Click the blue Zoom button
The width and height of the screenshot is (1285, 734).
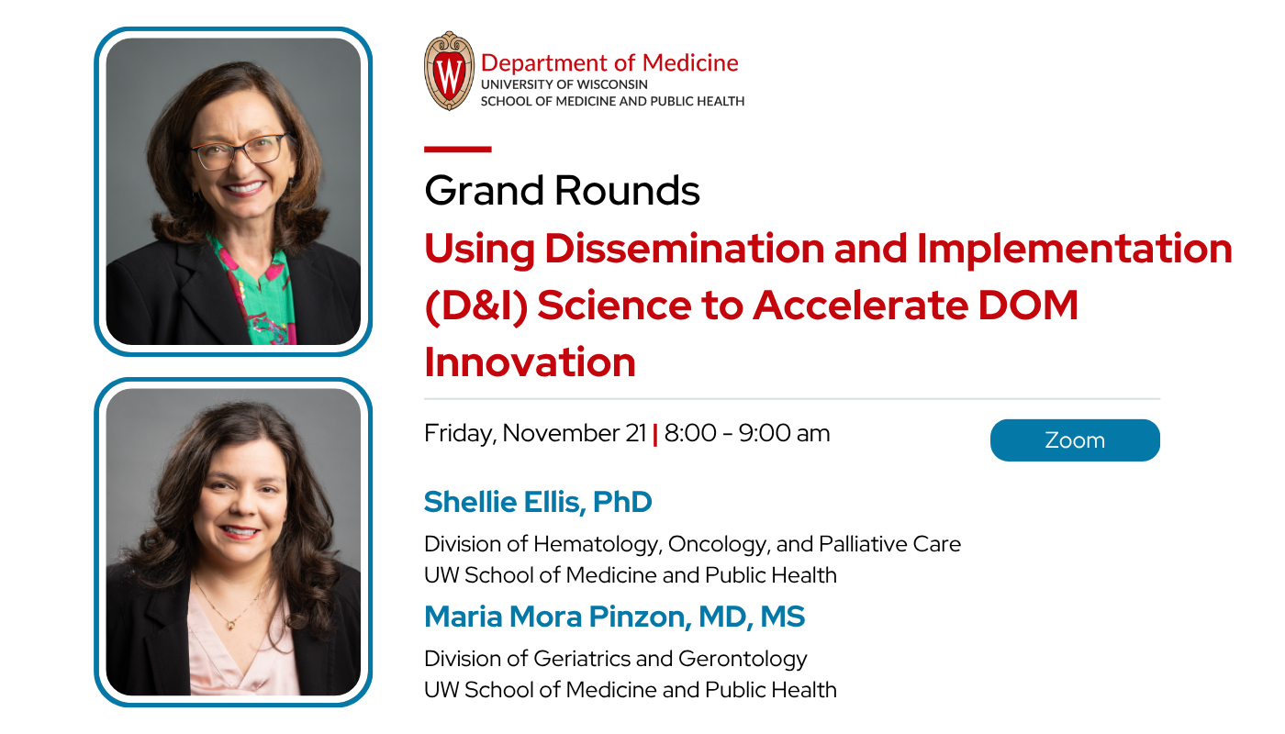tap(1075, 440)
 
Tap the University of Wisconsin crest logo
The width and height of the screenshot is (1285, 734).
tap(449, 71)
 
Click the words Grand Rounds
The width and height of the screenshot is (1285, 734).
tap(562, 191)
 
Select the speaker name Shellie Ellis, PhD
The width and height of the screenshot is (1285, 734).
tap(538, 502)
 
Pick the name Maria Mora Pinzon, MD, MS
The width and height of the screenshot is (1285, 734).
tap(614, 617)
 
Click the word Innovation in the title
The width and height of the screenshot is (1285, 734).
tap(530, 362)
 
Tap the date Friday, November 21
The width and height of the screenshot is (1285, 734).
tap(535, 433)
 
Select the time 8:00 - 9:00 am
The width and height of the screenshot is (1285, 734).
tap(747, 433)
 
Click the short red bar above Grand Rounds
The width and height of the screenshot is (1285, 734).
tap(457, 149)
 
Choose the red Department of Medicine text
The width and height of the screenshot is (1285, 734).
tap(609, 62)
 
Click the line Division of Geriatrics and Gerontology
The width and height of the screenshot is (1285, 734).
tap(615, 659)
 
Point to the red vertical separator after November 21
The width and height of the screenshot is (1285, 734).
tap(655, 434)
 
